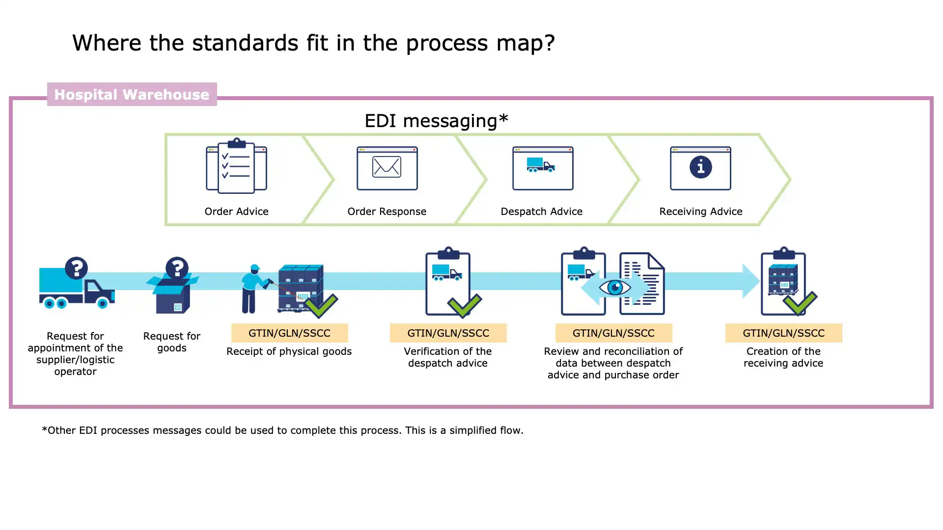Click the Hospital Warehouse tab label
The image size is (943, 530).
[x=132, y=94]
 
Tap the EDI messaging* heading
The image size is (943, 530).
[x=436, y=121]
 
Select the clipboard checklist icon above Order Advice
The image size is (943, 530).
[x=236, y=166]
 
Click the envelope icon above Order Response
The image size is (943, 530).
[x=387, y=167]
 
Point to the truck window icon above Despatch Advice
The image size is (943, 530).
[x=542, y=167]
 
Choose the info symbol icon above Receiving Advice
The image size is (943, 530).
[x=700, y=167]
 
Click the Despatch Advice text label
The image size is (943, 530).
[x=541, y=212]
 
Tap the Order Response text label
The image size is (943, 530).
[x=387, y=212]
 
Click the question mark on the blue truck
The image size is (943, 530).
[x=76, y=268]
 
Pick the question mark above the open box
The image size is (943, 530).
[x=177, y=268]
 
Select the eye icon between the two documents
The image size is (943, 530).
[x=615, y=288]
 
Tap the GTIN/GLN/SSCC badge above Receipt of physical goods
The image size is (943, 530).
[x=289, y=333]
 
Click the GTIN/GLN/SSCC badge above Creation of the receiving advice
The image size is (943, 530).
[x=783, y=333]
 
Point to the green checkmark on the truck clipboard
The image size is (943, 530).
[x=464, y=305]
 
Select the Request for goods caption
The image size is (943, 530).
[x=172, y=342]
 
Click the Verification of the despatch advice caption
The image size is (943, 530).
[x=448, y=357]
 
